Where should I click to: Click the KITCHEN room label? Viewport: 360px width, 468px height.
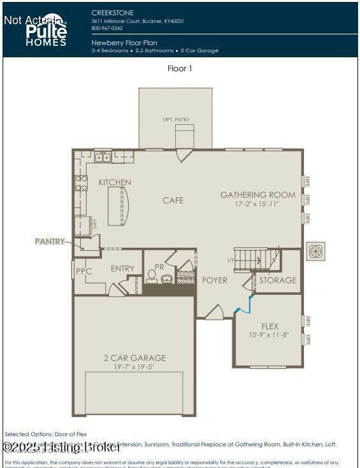pyautogui.click(x=115, y=183)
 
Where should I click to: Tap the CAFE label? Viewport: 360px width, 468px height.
pyautogui.click(x=173, y=201)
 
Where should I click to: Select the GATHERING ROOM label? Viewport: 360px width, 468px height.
pyautogui.click(x=257, y=195)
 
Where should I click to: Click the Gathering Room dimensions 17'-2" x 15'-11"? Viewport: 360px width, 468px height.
pyautogui.click(x=257, y=204)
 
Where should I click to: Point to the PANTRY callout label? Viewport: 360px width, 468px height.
pyautogui.click(x=50, y=241)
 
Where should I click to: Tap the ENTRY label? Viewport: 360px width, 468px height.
pyautogui.click(x=122, y=269)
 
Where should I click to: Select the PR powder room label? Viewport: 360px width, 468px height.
pyautogui.click(x=159, y=267)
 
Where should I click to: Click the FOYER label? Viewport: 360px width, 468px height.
pyautogui.click(x=215, y=280)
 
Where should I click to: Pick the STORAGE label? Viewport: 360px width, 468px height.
pyautogui.click(x=278, y=280)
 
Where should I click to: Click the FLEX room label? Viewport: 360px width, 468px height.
pyautogui.click(x=270, y=327)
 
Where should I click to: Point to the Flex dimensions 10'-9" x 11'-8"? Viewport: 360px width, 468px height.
pyautogui.click(x=268, y=335)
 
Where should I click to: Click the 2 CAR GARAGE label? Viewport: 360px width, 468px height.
pyautogui.click(x=134, y=358)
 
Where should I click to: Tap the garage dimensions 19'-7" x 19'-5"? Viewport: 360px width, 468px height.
pyautogui.click(x=134, y=367)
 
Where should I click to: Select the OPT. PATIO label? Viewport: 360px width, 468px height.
pyautogui.click(x=176, y=120)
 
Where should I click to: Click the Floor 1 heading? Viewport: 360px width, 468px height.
pyautogui.click(x=180, y=68)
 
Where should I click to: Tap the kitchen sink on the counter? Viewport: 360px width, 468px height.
pyautogui.click(x=102, y=157)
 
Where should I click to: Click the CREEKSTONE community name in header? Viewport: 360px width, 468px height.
pyautogui.click(x=112, y=12)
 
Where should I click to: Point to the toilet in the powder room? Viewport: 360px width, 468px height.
pyautogui.click(x=152, y=276)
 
